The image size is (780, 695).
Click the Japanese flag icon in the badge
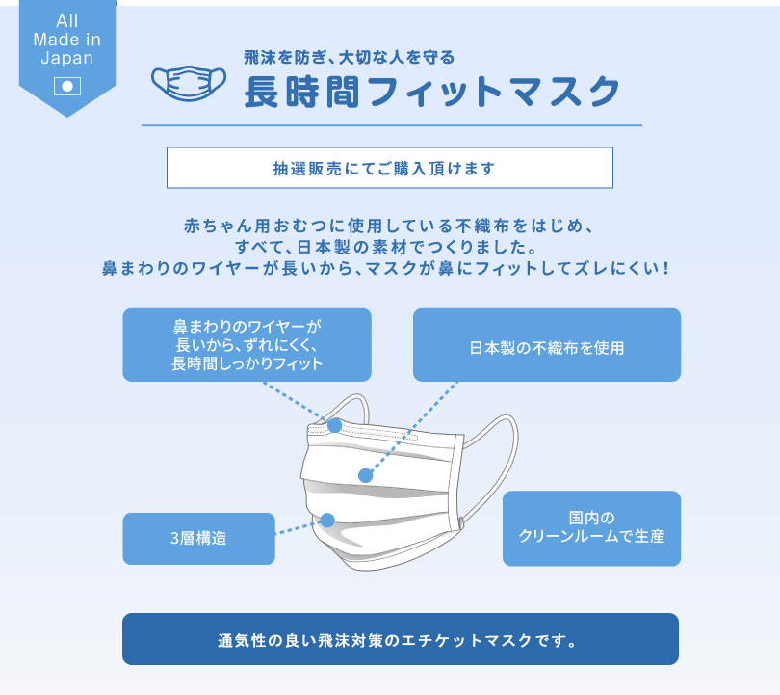pyautogui.click(x=67, y=86)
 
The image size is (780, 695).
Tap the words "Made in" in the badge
pyautogui.click(x=67, y=40)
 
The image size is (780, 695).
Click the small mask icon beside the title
pyautogui.click(x=189, y=83)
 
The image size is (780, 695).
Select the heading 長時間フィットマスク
pyautogui.click(x=431, y=92)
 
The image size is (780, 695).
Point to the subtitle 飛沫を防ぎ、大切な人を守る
pyautogui.click(x=350, y=57)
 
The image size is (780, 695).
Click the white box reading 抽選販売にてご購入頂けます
pyautogui.click(x=389, y=168)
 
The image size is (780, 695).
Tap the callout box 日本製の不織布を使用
pyautogui.click(x=547, y=345)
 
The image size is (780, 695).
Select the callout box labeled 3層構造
pyautogui.click(x=199, y=539)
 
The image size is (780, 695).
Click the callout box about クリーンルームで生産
pyautogui.click(x=591, y=528)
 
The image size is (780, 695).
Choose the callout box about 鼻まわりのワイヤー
pyautogui.click(x=247, y=345)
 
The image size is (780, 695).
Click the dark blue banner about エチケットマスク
pyautogui.click(x=401, y=639)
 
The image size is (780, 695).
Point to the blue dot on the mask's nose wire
pyautogui.click(x=335, y=426)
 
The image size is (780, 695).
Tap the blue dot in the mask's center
pyautogui.click(x=366, y=475)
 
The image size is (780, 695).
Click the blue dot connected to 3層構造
pyautogui.click(x=327, y=521)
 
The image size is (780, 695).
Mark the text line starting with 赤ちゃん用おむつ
pyautogui.click(x=389, y=226)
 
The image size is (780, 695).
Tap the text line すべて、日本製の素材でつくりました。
pyautogui.click(x=386, y=247)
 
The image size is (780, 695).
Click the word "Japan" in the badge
pyautogui.click(x=67, y=58)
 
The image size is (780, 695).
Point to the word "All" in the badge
pyautogui.click(x=67, y=21)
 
